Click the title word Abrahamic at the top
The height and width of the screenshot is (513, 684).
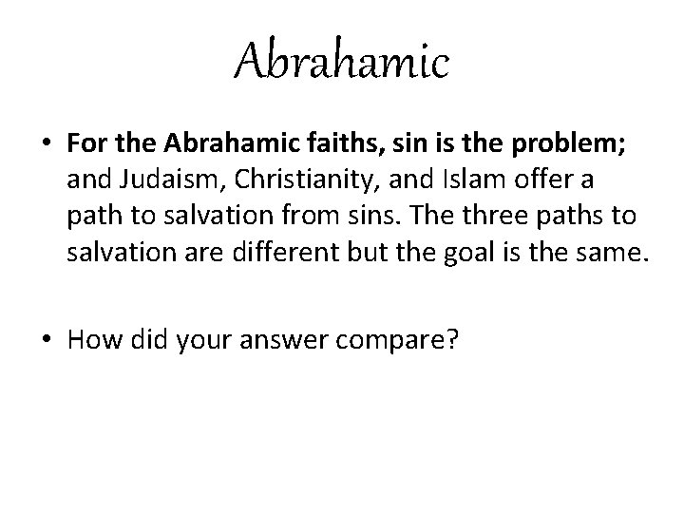[x=342, y=64]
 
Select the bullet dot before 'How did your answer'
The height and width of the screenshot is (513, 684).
[x=46, y=339]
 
